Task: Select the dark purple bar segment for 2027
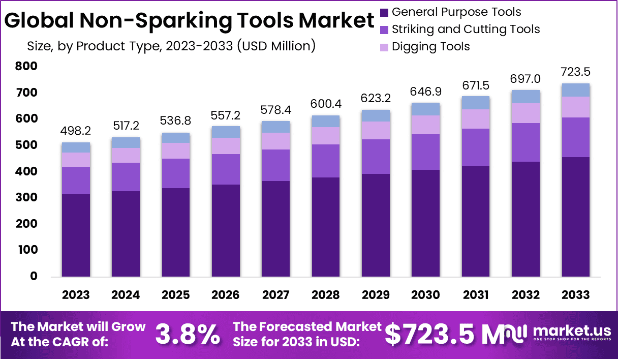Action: [x=276, y=229]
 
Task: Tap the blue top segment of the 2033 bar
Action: [x=576, y=90]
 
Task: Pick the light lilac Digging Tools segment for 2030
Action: [x=426, y=125]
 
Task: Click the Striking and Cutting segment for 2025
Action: [x=176, y=173]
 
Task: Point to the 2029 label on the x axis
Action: [x=376, y=295]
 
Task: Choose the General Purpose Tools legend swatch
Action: [x=384, y=12]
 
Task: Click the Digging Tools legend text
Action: [x=431, y=47]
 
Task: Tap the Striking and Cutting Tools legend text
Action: [x=466, y=29]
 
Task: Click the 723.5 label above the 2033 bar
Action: [x=576, y=71]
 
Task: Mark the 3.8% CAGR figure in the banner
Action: [x=188, y=334]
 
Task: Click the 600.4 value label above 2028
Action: [x=326, y=104]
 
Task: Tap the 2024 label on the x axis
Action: [x=126, y=295]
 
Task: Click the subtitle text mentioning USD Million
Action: [x=171, y=46]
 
